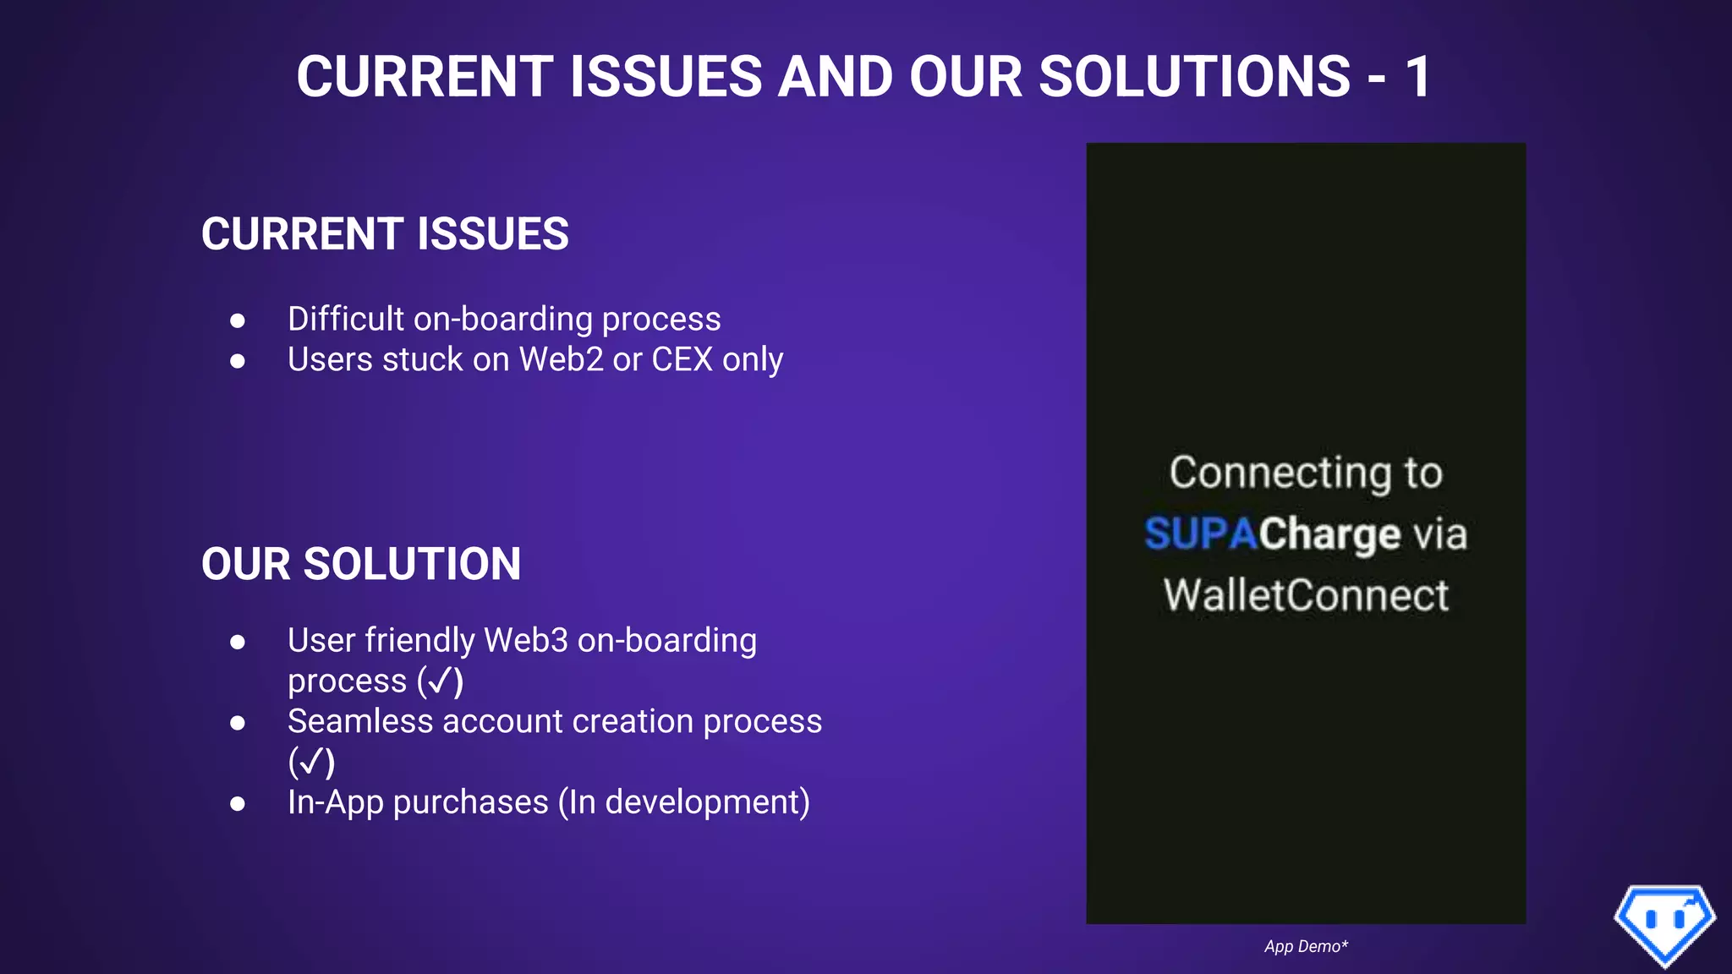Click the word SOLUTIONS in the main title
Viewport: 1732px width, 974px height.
coord(1193,77)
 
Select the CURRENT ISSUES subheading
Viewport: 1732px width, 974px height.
coord(385,234)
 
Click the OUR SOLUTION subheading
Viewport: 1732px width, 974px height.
coord(361,564)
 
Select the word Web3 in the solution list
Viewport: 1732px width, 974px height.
coord(525,641)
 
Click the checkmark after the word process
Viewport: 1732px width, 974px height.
coord(441,681)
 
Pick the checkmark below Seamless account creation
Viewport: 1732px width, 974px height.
coord(311,763)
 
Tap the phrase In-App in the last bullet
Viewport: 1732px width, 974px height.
coord(335,802)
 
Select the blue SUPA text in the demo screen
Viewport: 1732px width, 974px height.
coord(1200,534)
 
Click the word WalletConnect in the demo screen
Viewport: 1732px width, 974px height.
coord(1306,595)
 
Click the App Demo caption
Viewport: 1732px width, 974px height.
coord(1306,947)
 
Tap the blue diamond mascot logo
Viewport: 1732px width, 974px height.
coord(1664,923)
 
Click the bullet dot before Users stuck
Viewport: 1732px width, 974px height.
coord(238,361)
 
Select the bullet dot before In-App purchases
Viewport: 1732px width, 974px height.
coord(238,803)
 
